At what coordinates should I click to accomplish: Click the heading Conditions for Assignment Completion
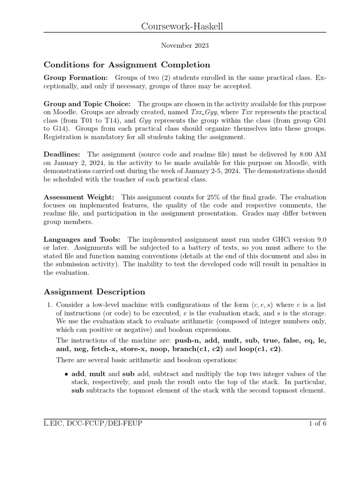[127, 65]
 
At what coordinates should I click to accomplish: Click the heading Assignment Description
[94, 292]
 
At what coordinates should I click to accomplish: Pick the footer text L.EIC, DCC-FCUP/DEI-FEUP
[93, 424]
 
